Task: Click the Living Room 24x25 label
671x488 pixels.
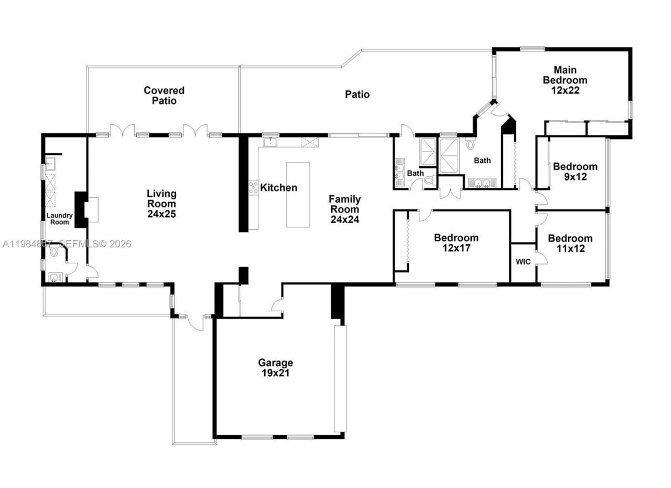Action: (x=161, y=204)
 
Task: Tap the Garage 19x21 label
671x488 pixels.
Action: (x=275, y=368)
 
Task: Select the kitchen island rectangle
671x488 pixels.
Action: (x=298, y=195)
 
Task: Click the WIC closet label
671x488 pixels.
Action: (x=523, y=261)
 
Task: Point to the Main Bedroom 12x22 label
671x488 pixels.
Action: (x=565, y=80)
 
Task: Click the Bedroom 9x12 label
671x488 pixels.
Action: (x=575, y=172)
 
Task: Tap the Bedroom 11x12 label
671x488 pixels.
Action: (x=570, y=243)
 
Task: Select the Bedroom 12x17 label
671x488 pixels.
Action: (x=456, y=243)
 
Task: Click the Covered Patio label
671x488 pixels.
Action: (x=164, y=96)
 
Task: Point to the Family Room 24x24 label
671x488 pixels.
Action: (x=344, y=209)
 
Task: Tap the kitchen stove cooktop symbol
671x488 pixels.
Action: (x=253, y=187)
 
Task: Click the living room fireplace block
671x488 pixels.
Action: (x=81, y=209)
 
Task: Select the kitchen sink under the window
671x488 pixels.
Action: (x=270, y=142)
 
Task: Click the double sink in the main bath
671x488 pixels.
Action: (x=482, y=183)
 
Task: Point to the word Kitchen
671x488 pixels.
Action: (x=279, y=187)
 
